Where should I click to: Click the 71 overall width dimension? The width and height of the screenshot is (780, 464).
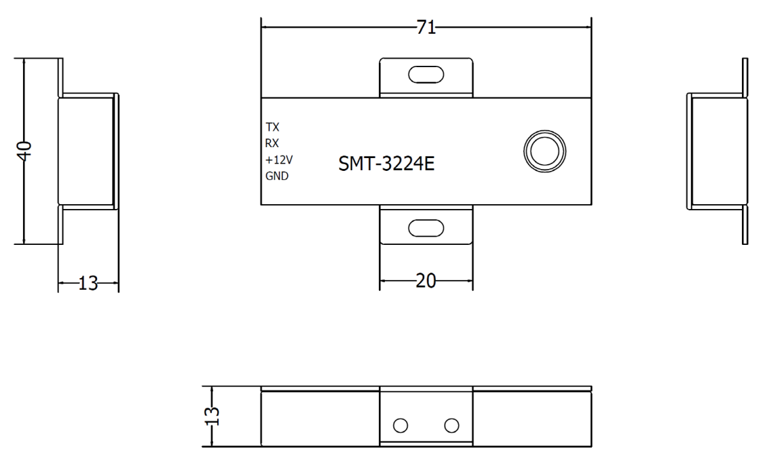(426, 28)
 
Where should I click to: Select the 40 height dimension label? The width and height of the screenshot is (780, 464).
(24, 150)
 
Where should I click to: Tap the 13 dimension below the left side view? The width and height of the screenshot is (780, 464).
(88, 284)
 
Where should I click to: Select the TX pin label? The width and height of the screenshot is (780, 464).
(272, 127)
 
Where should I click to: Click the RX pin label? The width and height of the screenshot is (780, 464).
(272, 142)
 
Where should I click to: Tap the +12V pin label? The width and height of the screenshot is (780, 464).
(278, 159)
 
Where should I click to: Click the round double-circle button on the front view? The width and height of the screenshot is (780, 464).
(544, 151)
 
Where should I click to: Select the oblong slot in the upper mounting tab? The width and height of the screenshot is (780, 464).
(426, 74)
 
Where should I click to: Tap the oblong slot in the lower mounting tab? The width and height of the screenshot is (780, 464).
(426, 228)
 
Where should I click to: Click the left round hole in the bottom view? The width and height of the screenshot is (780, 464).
(401, 425)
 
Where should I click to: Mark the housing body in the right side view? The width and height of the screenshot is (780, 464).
(716, 150)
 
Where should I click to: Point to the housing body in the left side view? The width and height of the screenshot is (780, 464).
(86, 150)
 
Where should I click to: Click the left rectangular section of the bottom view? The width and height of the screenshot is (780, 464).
(320, 419)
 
